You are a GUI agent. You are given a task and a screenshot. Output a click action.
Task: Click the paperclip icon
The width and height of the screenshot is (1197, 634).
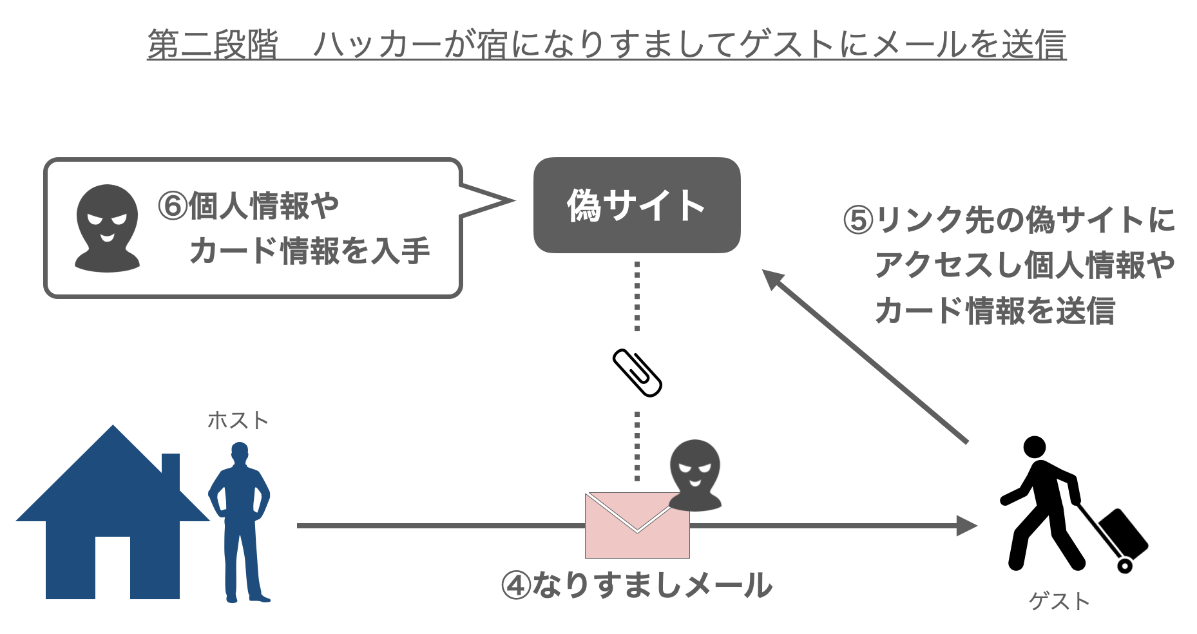pos(637,372)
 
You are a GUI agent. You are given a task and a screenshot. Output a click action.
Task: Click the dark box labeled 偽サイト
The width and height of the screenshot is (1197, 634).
pos(637,205)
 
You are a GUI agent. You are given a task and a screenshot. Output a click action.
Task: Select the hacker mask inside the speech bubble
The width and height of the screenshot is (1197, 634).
pos(107,228)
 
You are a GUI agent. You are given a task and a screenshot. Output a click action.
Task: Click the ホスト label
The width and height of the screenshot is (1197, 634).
pos(238,421)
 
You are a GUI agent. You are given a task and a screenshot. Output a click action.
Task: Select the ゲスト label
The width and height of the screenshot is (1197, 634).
pos(1059,601)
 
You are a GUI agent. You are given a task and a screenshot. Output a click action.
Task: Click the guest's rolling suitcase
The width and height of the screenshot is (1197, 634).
pos(1122,533)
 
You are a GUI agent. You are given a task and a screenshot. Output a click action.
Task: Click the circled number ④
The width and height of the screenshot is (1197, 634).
pos(516,586)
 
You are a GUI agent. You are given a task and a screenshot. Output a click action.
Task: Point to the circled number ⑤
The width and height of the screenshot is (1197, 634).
pos(858,220)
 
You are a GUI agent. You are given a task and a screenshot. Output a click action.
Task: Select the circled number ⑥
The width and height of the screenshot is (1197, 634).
pos(173,206)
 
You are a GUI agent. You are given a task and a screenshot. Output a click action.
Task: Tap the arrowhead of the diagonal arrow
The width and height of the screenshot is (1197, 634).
pos(774,280)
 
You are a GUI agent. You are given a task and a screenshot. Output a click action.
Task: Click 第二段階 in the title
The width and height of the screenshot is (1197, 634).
pos(213,44)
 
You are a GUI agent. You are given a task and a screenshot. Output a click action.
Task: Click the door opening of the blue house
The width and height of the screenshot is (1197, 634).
pos(113,567)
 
